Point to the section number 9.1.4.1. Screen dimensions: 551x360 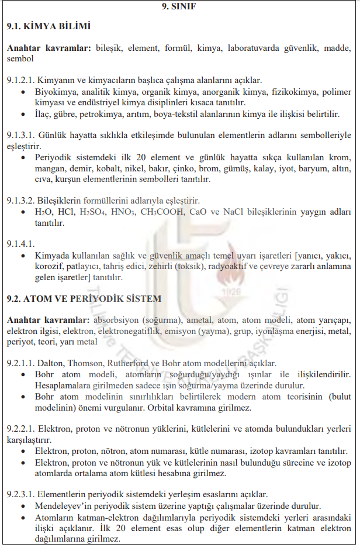point(20,243)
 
